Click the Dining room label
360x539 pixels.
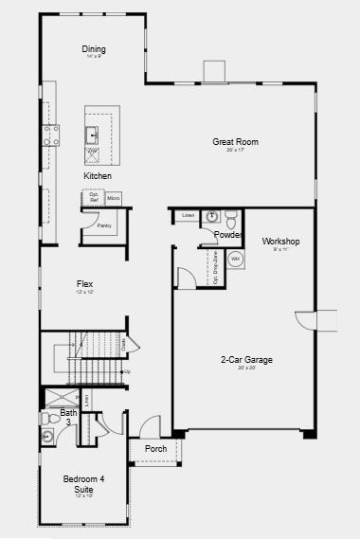(x=94, y=49)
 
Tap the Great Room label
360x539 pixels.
(x=235, y=142)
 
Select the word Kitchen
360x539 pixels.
(x=98, y=176)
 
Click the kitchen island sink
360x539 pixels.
(x=93, y=133)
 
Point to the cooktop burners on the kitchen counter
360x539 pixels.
(x=48, y=136)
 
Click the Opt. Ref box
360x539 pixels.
(x=94, y=198)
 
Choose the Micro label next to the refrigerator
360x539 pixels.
(x=113, y=198)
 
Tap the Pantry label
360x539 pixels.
(x=104, y=225)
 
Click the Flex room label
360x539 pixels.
(x=85, y=283)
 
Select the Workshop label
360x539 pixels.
(x=280, y=241)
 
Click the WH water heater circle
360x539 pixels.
(x=235, y=259)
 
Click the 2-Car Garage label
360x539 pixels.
(x=246, y=360)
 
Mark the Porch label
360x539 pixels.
(x=155, y=449)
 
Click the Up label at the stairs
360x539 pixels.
(x=127, y=371)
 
